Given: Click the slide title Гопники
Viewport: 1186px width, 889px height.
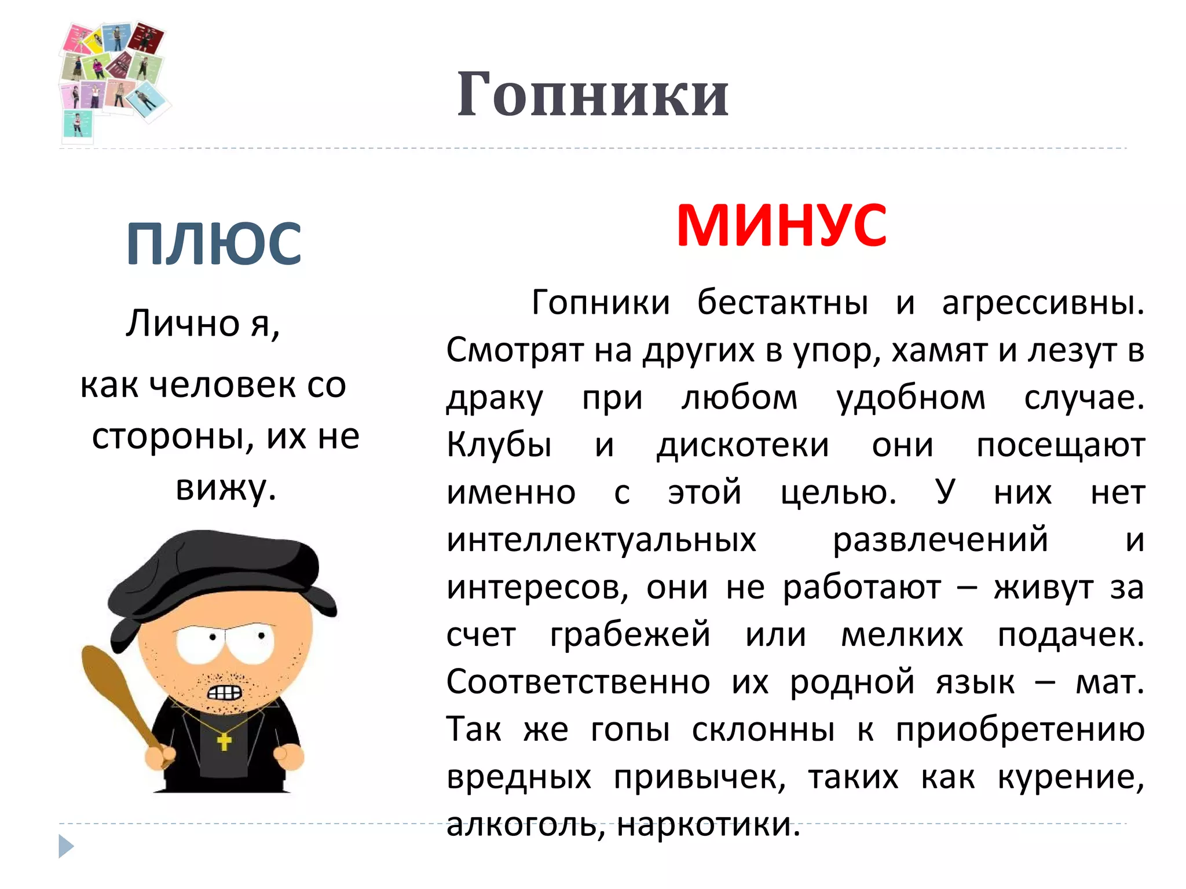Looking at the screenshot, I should (592, 94).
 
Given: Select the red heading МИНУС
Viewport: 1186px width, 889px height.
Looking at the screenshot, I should (781, 226).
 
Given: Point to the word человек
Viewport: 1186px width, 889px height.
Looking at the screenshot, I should (224, 385).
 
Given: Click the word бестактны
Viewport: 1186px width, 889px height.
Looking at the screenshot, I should (782, 302).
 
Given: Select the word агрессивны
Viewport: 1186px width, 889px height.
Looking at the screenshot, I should (1042, 302).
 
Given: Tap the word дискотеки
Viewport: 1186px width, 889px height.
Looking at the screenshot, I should (743, 445).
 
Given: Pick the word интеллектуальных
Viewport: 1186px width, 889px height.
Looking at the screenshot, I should (601, 540).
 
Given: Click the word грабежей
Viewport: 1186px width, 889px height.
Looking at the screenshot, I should (630, 634).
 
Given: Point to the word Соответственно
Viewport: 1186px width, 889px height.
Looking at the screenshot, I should (578, 682).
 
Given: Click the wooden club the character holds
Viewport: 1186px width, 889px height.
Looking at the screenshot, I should (116, 695).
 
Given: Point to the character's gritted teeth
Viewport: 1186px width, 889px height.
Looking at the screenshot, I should (224, 693).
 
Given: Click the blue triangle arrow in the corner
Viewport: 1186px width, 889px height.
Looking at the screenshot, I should (66, 846).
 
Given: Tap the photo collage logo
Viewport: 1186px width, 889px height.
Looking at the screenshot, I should (113, 78).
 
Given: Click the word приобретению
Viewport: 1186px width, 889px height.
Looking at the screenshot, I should (1020, 729).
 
